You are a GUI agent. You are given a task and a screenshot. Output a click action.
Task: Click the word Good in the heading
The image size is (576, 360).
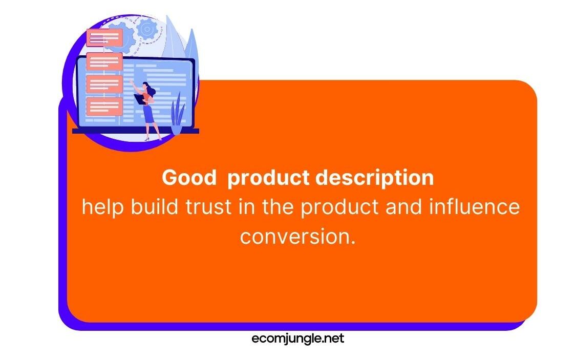189,177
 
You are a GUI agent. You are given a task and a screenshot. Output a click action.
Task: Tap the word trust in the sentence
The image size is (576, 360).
208,207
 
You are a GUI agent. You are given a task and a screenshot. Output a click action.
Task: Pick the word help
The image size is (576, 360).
102,207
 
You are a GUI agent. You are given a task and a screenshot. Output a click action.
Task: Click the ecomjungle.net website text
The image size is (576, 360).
298,338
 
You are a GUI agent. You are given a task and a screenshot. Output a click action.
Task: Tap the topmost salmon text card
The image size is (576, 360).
104,37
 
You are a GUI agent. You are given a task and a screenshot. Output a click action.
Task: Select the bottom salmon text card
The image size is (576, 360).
104,107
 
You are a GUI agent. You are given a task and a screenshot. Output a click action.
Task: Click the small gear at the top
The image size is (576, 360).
147,29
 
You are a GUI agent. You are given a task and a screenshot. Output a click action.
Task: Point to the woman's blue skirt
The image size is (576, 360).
148,114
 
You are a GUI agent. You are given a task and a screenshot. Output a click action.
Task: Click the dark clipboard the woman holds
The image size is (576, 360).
140,99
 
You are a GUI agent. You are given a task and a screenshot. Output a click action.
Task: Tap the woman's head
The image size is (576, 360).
146,87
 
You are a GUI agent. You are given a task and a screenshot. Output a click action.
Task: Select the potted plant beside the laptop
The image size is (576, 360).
177,114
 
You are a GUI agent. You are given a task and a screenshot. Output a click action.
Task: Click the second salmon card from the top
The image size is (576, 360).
104,61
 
